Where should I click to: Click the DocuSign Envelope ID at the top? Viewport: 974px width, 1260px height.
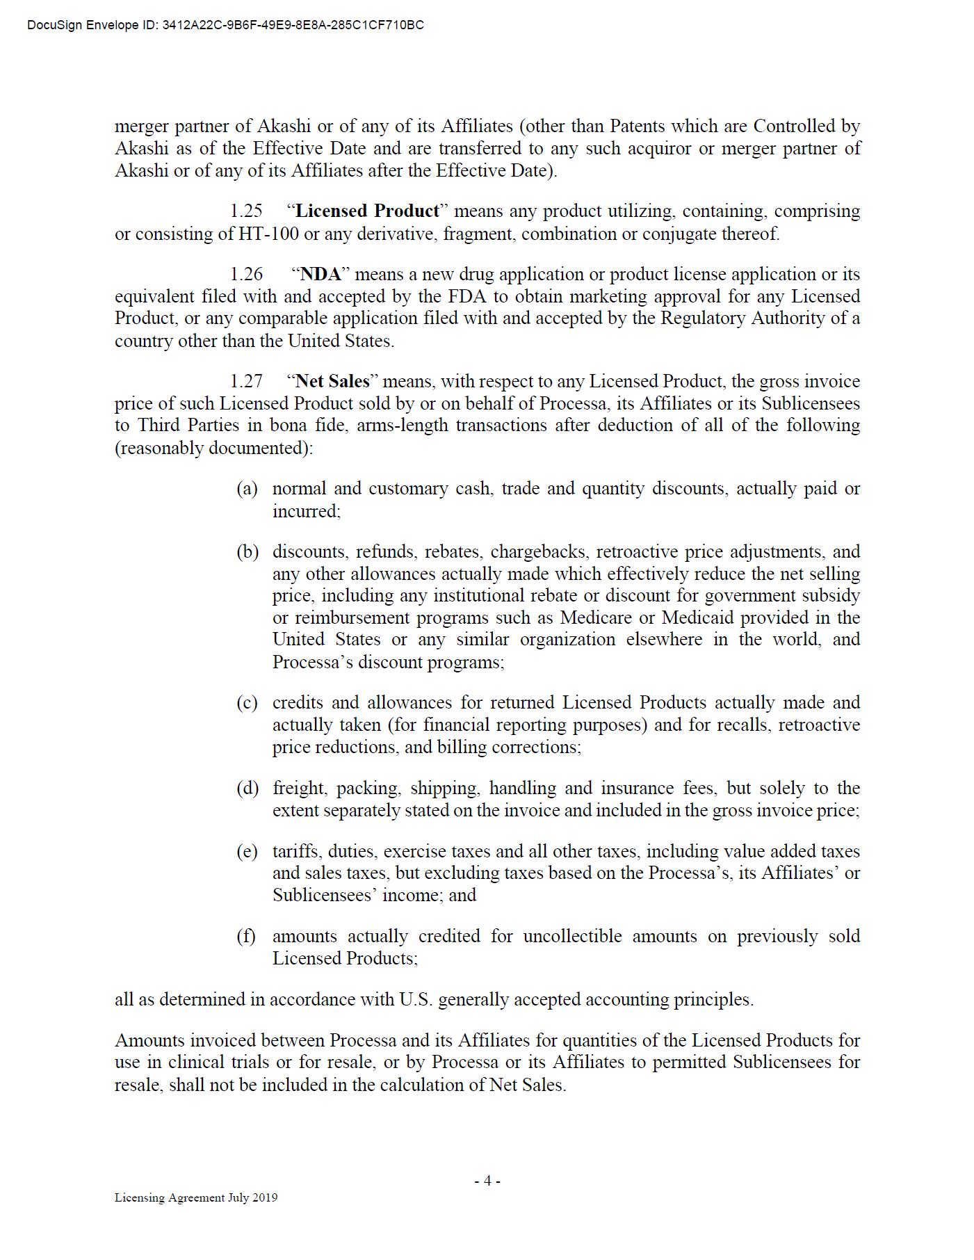tap(225, 26)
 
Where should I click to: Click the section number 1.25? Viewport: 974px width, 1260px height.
tap(247, 211)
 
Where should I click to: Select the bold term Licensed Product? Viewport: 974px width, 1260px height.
tap(367, 211)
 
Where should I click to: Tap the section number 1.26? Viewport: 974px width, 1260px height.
tap(247, 275)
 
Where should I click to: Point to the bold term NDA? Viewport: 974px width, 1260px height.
tap(320, 275)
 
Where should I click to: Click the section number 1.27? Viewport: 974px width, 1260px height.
tap(247, 382)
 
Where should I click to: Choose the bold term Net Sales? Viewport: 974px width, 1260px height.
tap(332, 382)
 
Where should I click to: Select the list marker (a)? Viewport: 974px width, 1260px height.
tap(247, 489)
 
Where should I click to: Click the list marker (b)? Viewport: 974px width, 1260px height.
tap(247, 552)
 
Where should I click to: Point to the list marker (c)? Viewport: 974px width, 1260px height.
tap(247, 703)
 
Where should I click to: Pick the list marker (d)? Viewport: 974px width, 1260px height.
tap(247, 789)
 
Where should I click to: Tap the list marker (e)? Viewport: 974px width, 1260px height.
tap(247, 852)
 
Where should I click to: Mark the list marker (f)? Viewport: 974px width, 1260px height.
tap(247, 937)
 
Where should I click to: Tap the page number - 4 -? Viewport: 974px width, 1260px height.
tap(487, 1181)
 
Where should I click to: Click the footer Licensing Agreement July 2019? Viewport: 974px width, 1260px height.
tap(196, 1197)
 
